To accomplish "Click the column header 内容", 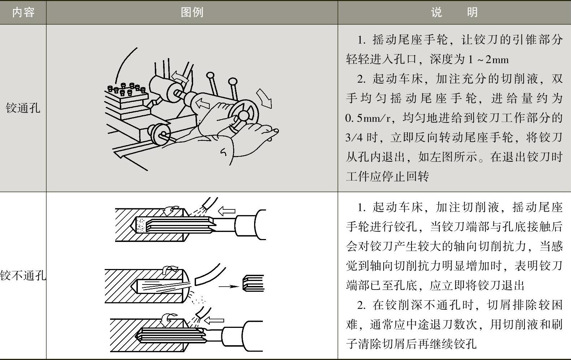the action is pyautogui.click(x=23, y=13).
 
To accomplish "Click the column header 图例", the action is pyautogui.click(x=192, y=13).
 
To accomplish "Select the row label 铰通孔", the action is pyautogui.click(x=23, y=108).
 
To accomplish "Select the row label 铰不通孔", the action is pyautogui.click(x=23, y=276).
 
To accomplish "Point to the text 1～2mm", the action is pyautogui.click(x=488, y=59).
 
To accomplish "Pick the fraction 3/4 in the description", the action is pyautogui.click(x=354, y=138).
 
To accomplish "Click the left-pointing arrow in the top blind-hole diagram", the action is pyautogui.click(x=227, y=211).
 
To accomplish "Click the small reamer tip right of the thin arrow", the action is pyautogui.click(x=253, y=283).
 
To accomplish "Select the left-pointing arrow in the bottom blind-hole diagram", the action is pyautogui.click(x=214, y=320).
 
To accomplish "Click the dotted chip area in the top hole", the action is pyautogui.click(x=140, y=225).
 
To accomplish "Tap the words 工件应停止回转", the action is pyautogui.click(x=387, y=177).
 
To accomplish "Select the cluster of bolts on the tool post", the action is pyautogui.click(x=127, y=89).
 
